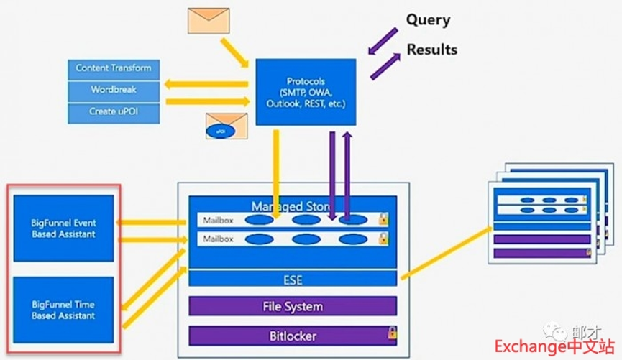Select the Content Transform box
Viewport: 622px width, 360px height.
click(114, 68)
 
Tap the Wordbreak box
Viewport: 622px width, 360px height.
click(114, 91)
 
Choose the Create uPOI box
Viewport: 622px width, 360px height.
click(114, 113)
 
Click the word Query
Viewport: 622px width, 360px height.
click(428, 20)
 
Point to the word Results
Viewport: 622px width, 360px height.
click(431, 50)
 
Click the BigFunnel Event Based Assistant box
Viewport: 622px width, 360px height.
click(64, 228)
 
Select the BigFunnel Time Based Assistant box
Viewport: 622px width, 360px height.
click(64, 310)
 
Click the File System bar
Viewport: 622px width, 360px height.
click(292, 306)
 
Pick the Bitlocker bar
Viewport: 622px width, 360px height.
click(292, 336)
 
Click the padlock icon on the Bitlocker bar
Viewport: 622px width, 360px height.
click(392, 333)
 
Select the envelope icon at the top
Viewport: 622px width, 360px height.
click(209, 21)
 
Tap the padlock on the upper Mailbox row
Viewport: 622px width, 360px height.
click(383, 218)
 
